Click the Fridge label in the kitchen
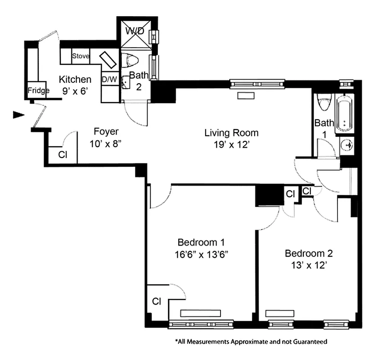38,91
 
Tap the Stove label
81,56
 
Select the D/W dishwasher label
109,79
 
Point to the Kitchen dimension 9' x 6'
75,90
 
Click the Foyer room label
106,131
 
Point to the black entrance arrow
18,115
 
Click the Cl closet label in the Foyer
63,154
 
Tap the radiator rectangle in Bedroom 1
200,313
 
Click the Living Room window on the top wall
257,83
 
